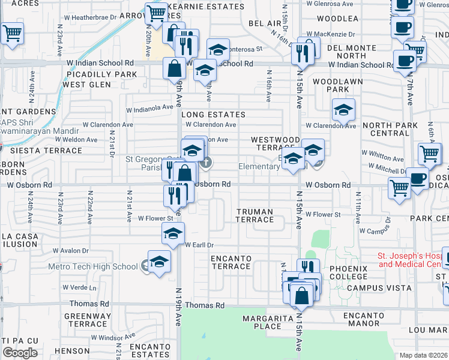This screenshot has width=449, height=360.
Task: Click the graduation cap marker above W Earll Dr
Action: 173,234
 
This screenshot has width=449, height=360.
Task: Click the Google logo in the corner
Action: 20,352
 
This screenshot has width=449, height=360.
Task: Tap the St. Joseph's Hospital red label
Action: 412,260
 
